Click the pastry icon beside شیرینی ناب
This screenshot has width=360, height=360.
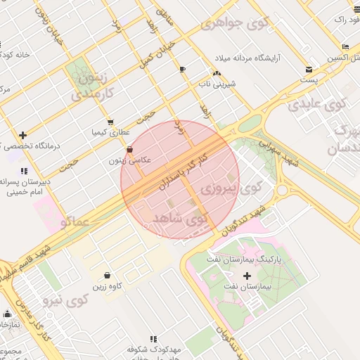(x=217, y=73)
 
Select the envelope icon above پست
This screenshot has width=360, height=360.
(x=309, y=69)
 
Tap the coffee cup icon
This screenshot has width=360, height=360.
(x=183, y=69)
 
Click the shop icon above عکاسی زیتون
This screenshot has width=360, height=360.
(x=129, y=149)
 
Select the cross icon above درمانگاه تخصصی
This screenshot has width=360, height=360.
(x=23, y=134)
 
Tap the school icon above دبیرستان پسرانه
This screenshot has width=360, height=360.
(x=24, y=171)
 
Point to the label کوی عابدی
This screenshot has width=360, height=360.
(x=317, y=105)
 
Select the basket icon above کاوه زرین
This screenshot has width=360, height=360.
(x=107, y=275)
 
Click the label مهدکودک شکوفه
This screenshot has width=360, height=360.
(x=155, y=349)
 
